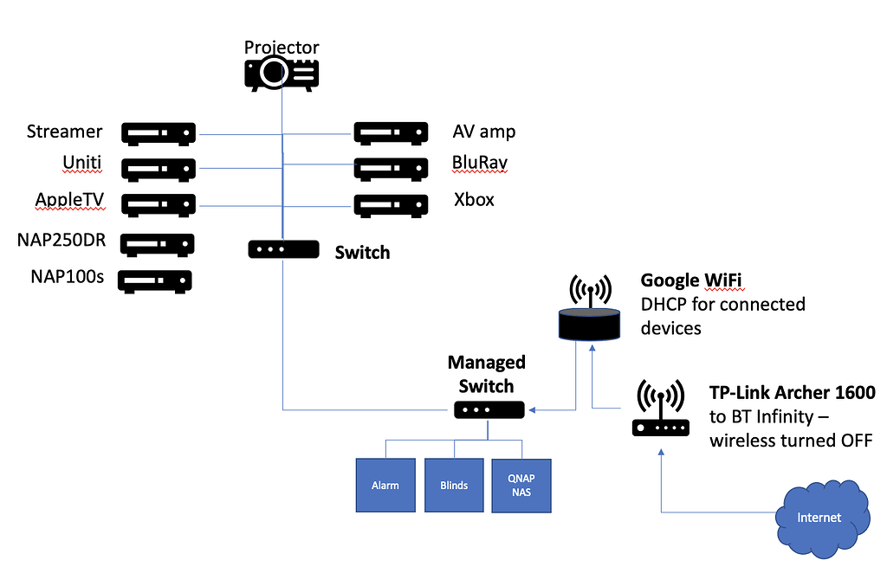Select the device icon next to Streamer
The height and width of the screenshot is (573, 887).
159,133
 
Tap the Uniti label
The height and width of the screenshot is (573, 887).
81,163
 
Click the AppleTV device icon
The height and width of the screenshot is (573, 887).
159,205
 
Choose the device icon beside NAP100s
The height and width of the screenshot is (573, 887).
155,281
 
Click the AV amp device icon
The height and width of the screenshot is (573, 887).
391,133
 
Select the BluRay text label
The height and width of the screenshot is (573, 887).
480,163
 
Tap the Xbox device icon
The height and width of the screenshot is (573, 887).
391,205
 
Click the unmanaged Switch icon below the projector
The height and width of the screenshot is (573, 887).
283,249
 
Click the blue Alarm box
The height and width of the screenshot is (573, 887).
385,485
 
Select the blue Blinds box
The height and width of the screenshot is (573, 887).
453,485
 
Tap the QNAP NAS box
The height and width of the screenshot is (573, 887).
521,485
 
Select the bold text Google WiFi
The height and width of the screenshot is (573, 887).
691,280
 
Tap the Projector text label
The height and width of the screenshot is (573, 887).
282,47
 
